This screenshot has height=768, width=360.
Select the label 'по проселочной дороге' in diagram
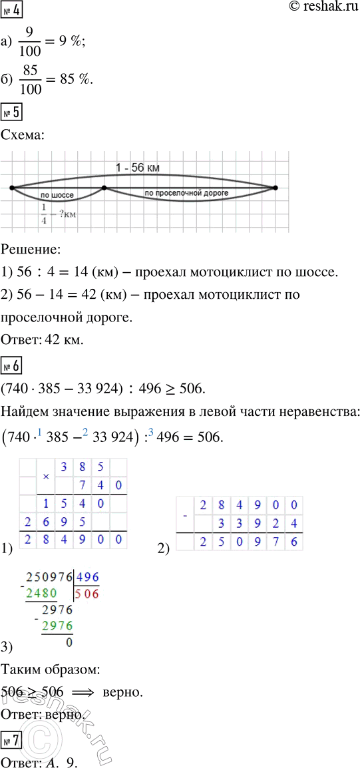click(186, 192)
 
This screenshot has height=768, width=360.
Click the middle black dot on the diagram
click(104, 188)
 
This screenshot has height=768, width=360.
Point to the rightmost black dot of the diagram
click(275, 188)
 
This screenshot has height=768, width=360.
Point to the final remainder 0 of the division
click(69, 644)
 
